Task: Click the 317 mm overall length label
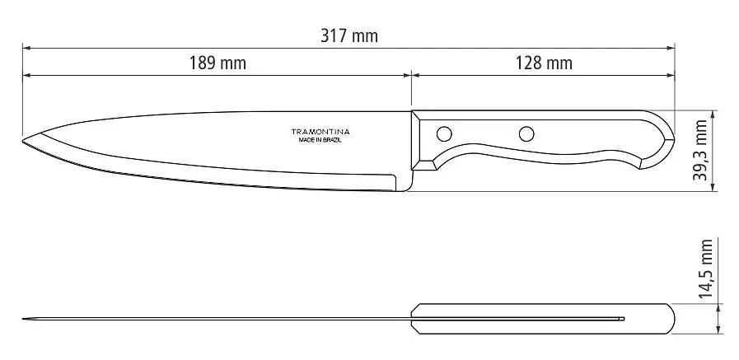(349, 35)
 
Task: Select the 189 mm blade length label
(217, 63)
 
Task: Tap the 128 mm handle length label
(544, 63)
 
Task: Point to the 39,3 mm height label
(700, 150)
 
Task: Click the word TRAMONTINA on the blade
(320, 132)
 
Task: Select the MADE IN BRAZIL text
(320, 140)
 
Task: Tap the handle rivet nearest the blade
(444, 133)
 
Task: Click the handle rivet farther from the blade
(526, 133)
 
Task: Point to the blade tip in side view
(23, 141)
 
